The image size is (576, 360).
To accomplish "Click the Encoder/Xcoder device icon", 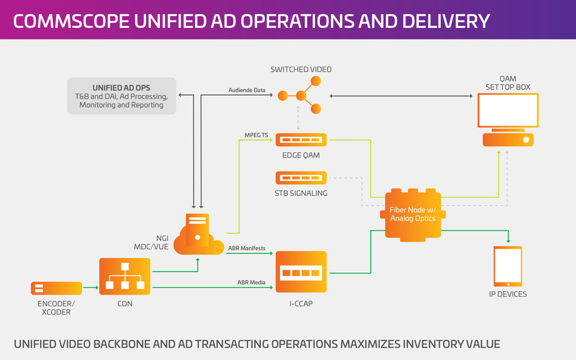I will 56,288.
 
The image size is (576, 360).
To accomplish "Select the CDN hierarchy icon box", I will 124,276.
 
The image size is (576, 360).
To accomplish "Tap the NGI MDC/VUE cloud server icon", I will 198,234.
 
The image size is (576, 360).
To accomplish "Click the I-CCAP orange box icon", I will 301,273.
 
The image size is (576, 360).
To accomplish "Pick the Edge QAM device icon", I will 301,140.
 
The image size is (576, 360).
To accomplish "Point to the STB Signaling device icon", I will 301,178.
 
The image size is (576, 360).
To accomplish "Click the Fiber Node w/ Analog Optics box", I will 413,214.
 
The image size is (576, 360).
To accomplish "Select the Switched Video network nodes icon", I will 299,95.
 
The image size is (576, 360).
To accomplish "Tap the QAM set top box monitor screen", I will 507,110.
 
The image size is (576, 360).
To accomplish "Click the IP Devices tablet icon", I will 507,266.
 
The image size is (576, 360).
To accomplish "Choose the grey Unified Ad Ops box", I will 121,96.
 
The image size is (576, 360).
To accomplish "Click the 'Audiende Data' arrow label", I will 247,90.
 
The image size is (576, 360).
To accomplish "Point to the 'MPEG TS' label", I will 256,135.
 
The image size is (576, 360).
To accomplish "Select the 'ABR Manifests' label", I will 246,248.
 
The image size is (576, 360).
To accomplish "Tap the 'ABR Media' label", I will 251,282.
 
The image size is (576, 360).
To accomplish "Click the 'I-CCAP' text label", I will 301,304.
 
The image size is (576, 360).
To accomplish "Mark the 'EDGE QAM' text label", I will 301,156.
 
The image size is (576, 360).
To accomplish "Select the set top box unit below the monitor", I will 507,140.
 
